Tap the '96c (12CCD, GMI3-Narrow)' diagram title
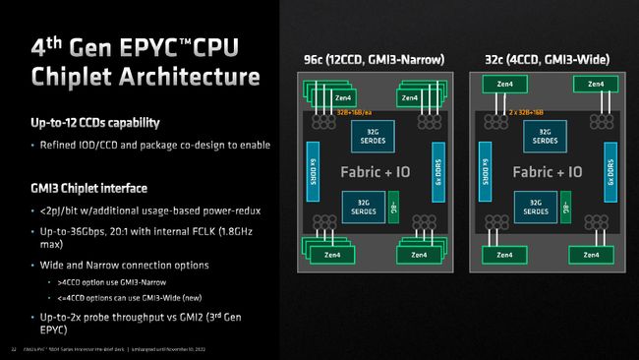378,60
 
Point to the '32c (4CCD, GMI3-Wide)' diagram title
546,60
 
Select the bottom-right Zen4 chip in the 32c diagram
588,255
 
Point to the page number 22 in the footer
13,347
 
